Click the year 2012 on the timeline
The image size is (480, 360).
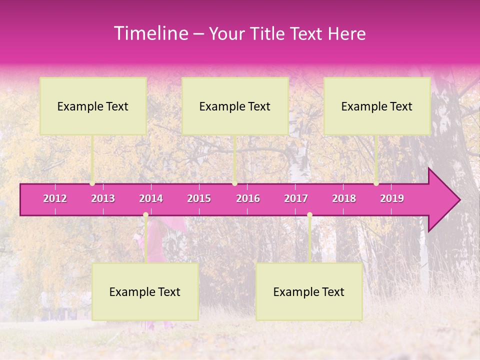click(x=55, y=198)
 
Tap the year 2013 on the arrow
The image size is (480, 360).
click(x=103, y=198)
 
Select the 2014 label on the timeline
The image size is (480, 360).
click(x=151, y=198)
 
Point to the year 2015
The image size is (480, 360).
click(x=199, y=198)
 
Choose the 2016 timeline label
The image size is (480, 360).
click(x=248, y=198)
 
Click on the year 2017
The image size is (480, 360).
click(x=296, y=198)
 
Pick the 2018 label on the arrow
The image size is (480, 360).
click(x=344, y=198)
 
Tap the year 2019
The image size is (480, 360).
click(x=392, y=198)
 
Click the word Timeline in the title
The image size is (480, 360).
click(x=150, y=33)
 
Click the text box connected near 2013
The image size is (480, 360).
click(x=93, y=106)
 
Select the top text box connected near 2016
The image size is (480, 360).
click(x=235, y=106)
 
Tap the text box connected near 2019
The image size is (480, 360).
click(x=377, y=106)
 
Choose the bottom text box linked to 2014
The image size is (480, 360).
click(x=145, y=291)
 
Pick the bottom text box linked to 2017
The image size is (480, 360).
click(x=309, y=291)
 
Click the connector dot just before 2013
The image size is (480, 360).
click(x=92, y=183)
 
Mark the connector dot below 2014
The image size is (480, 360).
click(x=145, y=215)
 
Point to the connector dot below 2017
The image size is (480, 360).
click(x=309, y=215)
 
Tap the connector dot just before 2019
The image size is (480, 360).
click(x=376, y=183)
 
